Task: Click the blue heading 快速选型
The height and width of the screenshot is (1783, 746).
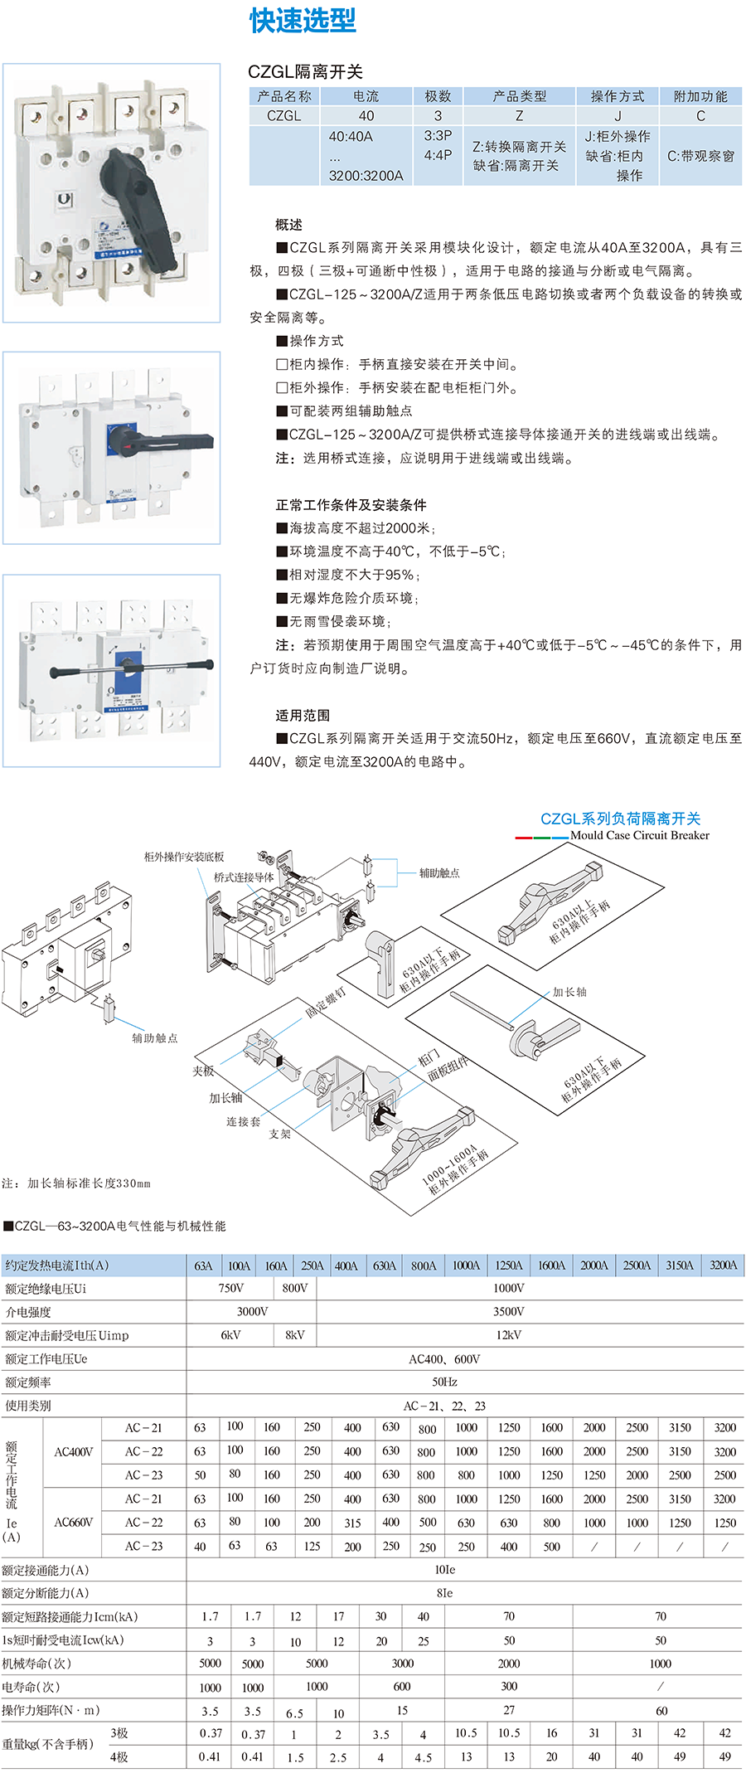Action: point(303,21)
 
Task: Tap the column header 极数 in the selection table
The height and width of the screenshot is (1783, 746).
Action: point(438,96)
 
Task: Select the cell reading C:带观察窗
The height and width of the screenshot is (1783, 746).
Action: point(700,155)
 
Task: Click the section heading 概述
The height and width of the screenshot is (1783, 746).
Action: point(288,225)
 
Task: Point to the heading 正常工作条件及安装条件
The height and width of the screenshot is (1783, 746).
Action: point(351,504)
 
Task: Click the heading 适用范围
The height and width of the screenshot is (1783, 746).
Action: point(303,715)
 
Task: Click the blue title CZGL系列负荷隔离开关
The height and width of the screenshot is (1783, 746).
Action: point(620,819)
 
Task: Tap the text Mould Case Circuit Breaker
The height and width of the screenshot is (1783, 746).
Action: point(639,835)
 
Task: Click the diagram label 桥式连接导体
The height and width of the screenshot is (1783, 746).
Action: point(244,877)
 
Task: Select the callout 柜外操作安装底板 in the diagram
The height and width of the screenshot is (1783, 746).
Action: point(184,857)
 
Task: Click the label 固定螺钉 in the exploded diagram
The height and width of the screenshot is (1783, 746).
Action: point(325,1002)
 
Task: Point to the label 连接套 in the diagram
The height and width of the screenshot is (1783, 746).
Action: point(243,1121)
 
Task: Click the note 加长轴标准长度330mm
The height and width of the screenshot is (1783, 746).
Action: point(76,1183)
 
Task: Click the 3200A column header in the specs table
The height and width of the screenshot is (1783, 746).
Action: point(723,1266)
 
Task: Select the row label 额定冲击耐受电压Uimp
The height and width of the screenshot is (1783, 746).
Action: point(67,1335)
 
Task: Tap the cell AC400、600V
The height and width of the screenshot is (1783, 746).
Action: point(444,1359)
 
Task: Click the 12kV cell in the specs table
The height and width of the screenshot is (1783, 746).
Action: point(508,1335)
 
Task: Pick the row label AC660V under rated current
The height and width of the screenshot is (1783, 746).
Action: point(73,1523)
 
